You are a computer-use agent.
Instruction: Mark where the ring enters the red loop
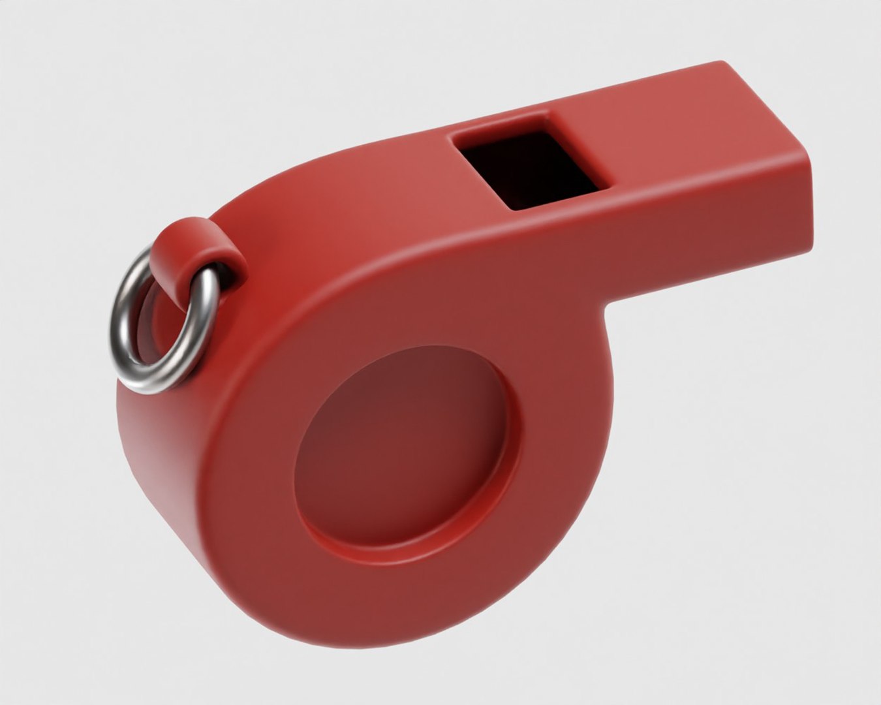click(212, 274)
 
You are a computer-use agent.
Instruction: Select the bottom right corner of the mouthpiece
click(809, 238)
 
